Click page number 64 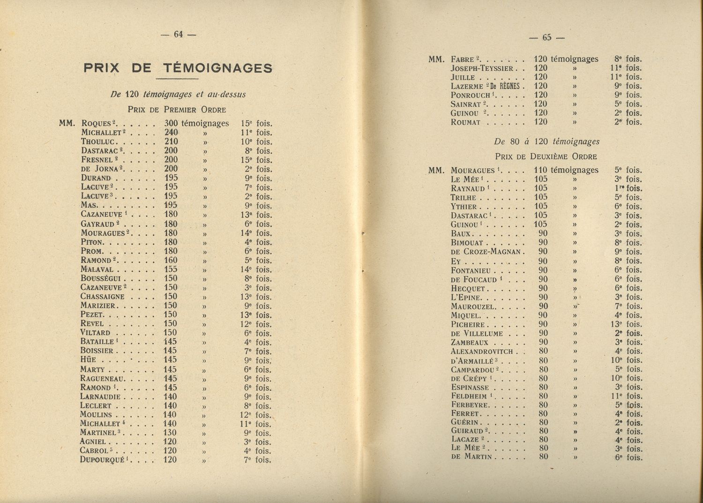[x=178, y=34]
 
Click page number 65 [x=547, y=38]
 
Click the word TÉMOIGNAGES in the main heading [x=217, y=68]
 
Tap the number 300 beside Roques [x=171, y=124]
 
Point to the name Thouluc [x=98, y=141]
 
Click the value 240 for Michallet [x=171, y=133]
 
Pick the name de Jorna [x=100, y=169]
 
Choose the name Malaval [x=97, y=270]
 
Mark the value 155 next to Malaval [x=171, y=270]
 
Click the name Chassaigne [x=103, y=297]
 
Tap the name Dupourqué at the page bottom [x=102, y=460]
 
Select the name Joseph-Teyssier [x=482, y=68]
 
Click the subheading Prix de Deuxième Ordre [x=546, y=157]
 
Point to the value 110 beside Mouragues [x=540, y=170]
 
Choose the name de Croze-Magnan [x=486, y=252]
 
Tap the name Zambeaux [x=470, y=342]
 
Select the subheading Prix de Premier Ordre [x=177, y=110]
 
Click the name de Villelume [x=477, y=333]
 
